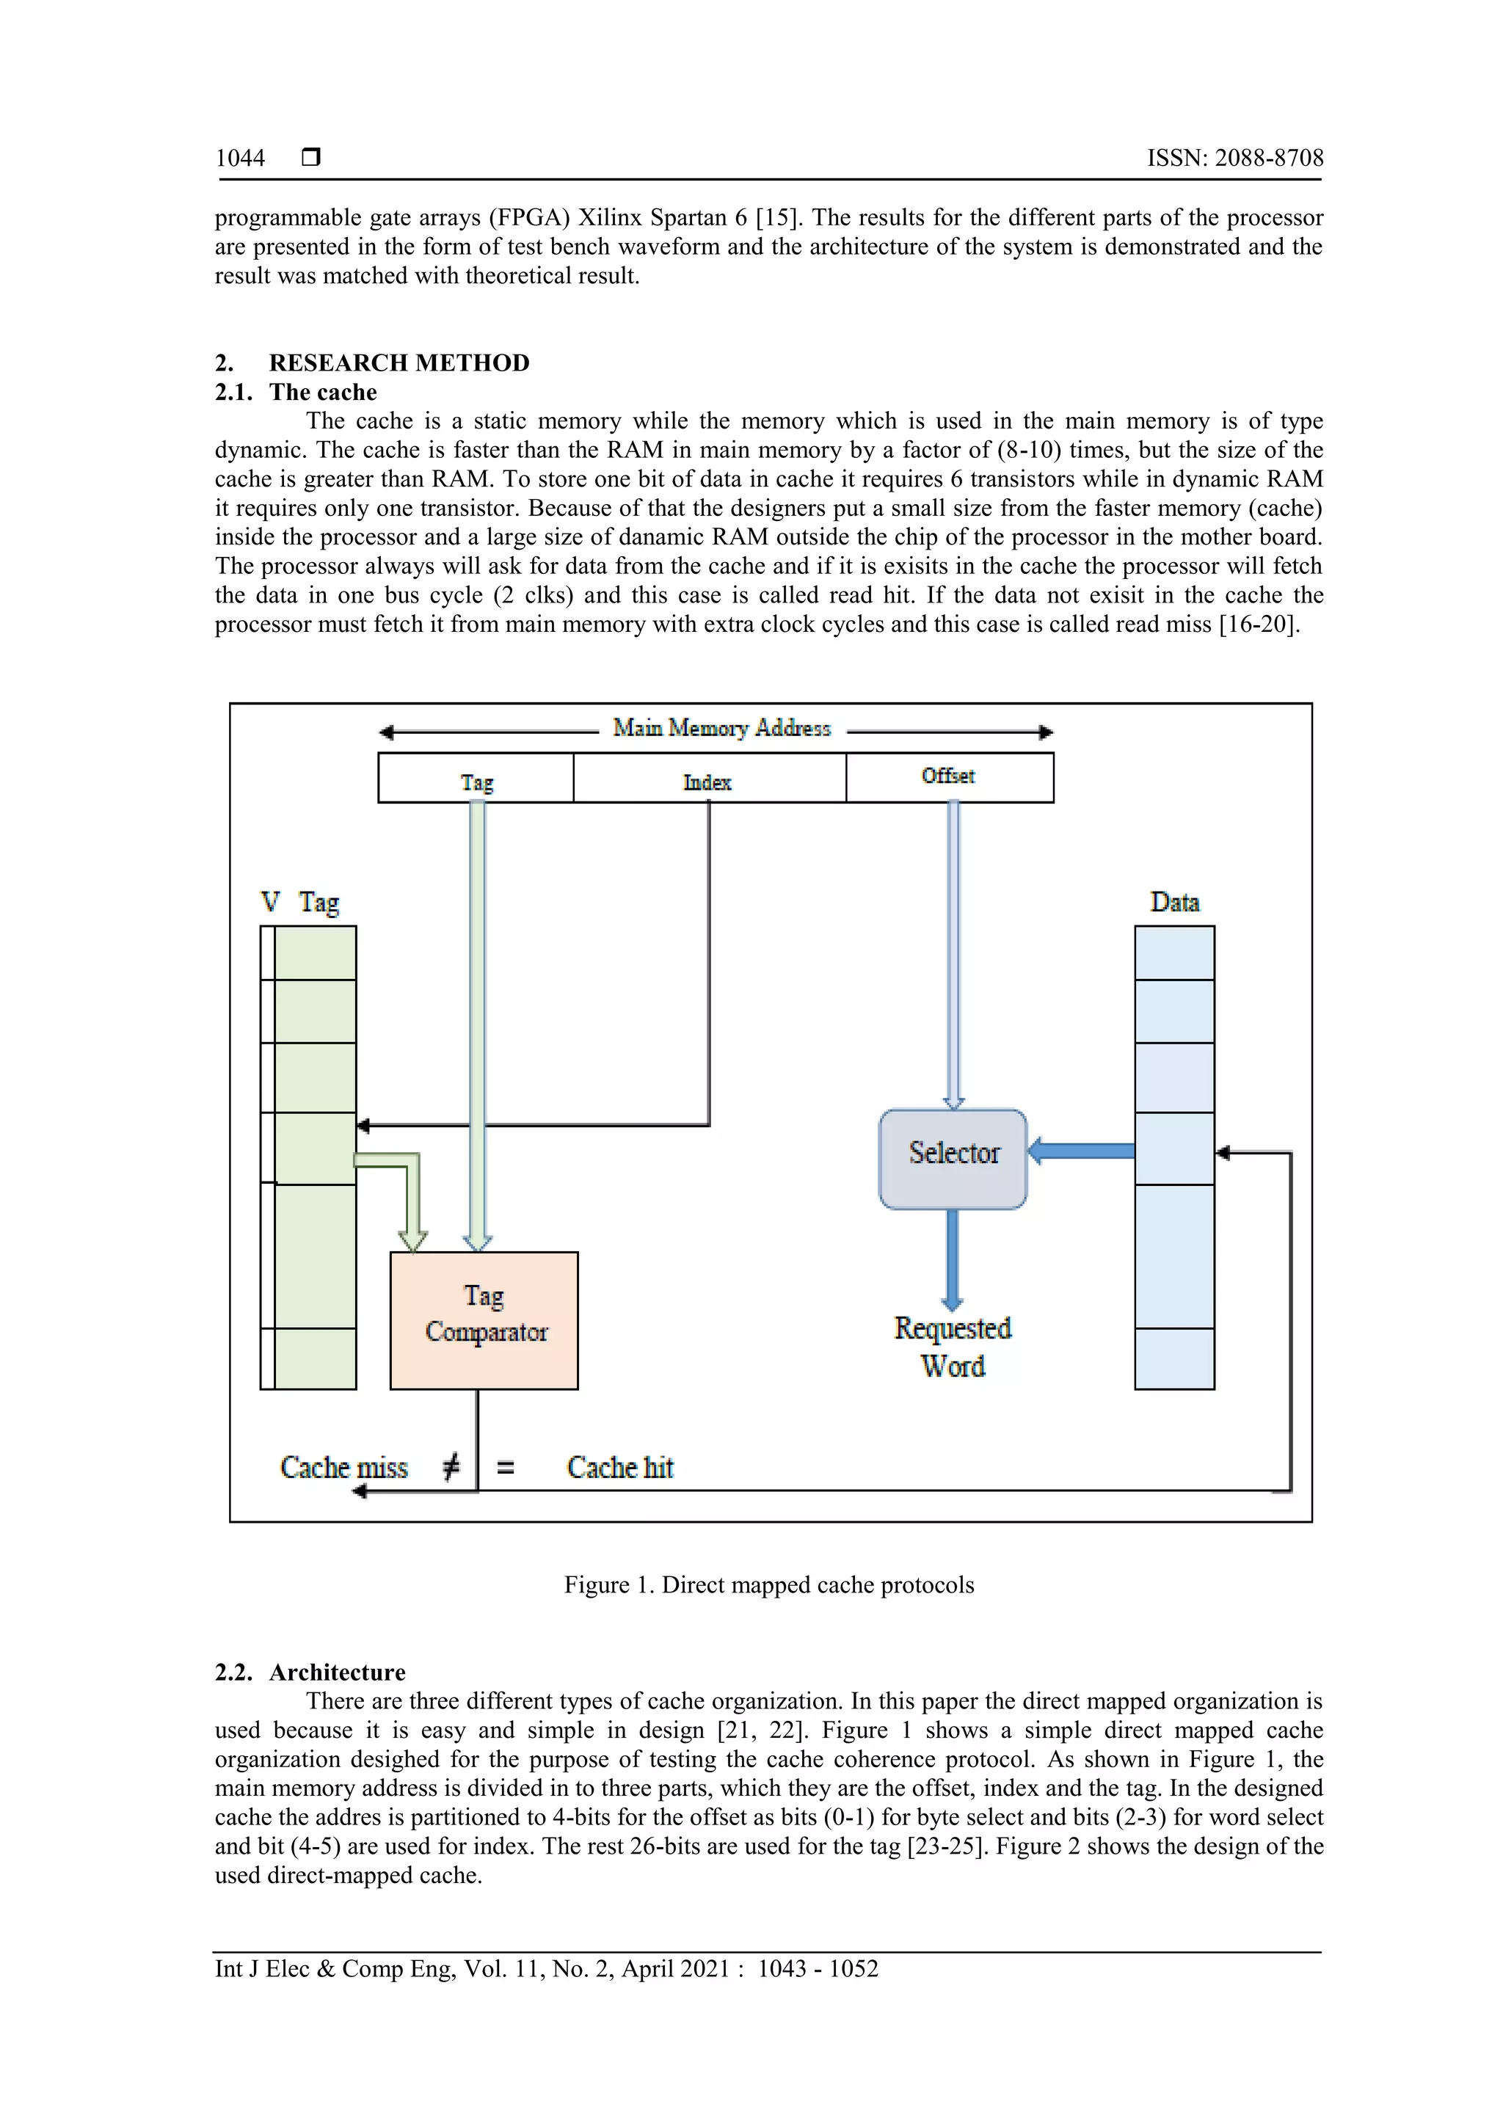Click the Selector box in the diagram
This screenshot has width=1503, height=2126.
tap(953, 1158)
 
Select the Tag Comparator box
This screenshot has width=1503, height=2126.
tap(484, 1319)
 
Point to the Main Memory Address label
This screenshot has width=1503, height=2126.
tap(721, 729)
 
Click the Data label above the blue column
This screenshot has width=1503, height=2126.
tap(1174, 902)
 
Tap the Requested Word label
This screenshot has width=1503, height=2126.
tap(953, 1347)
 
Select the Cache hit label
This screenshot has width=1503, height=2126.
tap(619, 1467)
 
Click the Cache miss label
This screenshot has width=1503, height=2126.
tap(343, 1467)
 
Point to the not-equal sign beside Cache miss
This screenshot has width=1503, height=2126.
tap(451, 1466)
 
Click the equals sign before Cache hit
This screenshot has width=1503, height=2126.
tap(506, 1468)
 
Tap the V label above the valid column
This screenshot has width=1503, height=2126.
tap(269, 902)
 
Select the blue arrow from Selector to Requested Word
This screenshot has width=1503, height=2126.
tap(952, 1259)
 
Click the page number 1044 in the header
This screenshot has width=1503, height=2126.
tap(240, 159)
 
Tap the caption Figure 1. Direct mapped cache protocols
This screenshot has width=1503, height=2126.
tap(768, 1584)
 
